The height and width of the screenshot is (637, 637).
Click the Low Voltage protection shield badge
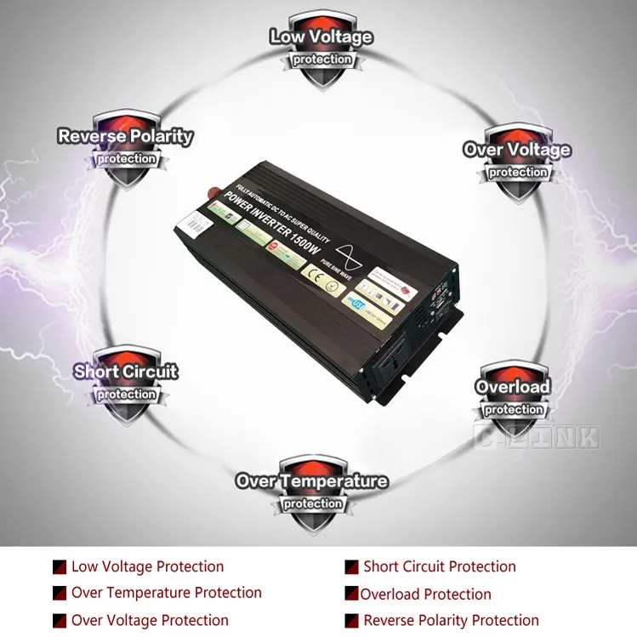pos(321,49)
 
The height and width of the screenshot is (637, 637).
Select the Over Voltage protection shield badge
pos(517,162)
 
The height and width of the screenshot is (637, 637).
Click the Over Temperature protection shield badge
pos(312,492)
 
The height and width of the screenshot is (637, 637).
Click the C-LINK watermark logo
pos(536,437)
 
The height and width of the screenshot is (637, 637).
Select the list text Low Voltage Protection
pos(147,566)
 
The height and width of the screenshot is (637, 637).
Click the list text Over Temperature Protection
pos(166,593)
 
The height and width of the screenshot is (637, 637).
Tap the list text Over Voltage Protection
pos(150,620)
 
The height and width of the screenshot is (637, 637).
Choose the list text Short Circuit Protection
pos(439,566)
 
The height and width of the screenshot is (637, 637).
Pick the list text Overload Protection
pos(425,594)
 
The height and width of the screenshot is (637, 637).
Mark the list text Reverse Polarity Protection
pos(451,620)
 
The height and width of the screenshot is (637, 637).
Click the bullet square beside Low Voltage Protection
pos(60,567)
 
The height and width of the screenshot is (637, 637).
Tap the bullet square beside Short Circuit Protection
pos(351,567)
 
